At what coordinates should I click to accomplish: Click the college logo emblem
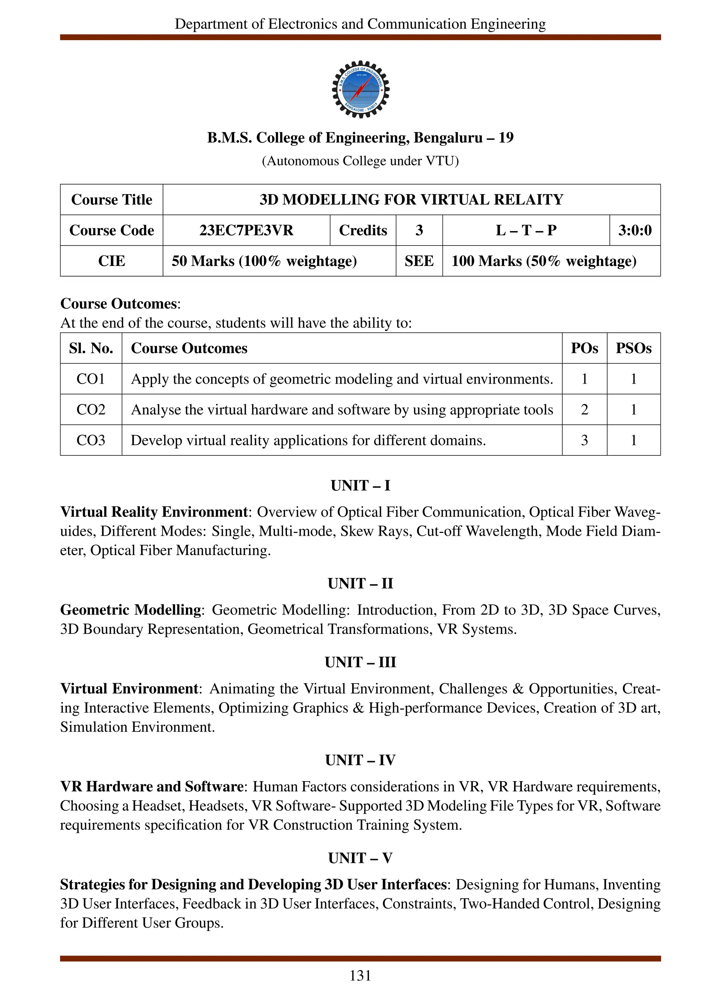tap(360, 89)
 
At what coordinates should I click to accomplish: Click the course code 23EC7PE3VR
tap(246, 230)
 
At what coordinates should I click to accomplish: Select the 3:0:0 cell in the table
tap(634, 230)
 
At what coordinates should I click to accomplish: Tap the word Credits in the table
tap(363, 230)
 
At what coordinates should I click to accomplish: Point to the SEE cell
tap(419, 261)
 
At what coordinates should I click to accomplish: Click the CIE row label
tap(111, 261)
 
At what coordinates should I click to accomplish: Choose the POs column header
tap(584, 348)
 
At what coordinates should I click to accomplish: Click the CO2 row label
tap(90, 410)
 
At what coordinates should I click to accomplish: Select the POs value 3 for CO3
tap(584, 440)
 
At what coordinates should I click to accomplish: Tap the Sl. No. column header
tap(90, 348)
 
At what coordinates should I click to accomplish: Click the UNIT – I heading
tap(360, 486)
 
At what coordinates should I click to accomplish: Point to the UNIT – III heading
tap(360, 662)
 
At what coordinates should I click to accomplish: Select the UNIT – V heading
tap(360, 858)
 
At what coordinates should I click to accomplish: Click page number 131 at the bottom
tap(360, 976)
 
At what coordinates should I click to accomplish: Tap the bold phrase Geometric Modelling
tap(131, 610)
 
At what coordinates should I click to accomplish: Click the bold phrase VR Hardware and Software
tap(151, 786)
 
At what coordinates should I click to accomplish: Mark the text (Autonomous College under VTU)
tap(360, 161)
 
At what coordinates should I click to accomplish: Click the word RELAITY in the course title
tap(528, 200)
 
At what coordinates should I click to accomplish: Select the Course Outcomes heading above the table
tap(118, 304)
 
